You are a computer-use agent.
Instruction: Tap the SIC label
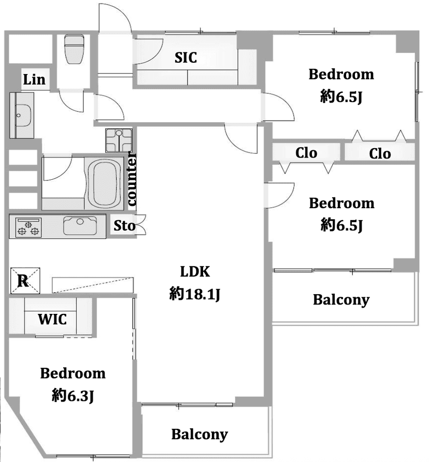(x=185, y=57)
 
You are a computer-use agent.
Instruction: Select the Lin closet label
(x=34, y=80)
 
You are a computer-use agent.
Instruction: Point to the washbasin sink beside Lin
(x=22, y=114)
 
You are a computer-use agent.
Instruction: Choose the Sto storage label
(x=124, y=226)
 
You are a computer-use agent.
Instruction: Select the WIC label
(x=52, y=319)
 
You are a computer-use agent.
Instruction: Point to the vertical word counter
(x=132, y=179)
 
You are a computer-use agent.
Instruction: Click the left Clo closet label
(x=306, y=153)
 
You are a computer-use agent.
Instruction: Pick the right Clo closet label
(x=380, y=153)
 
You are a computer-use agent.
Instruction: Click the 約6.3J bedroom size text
(x=73, y=396)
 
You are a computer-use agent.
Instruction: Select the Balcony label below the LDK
(x=199, y=434)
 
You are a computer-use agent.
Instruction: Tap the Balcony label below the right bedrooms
(x=341, y=299)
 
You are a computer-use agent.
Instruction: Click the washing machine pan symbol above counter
(x=120, y=139)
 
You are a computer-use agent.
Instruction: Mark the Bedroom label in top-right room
(x=341, y=74)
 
